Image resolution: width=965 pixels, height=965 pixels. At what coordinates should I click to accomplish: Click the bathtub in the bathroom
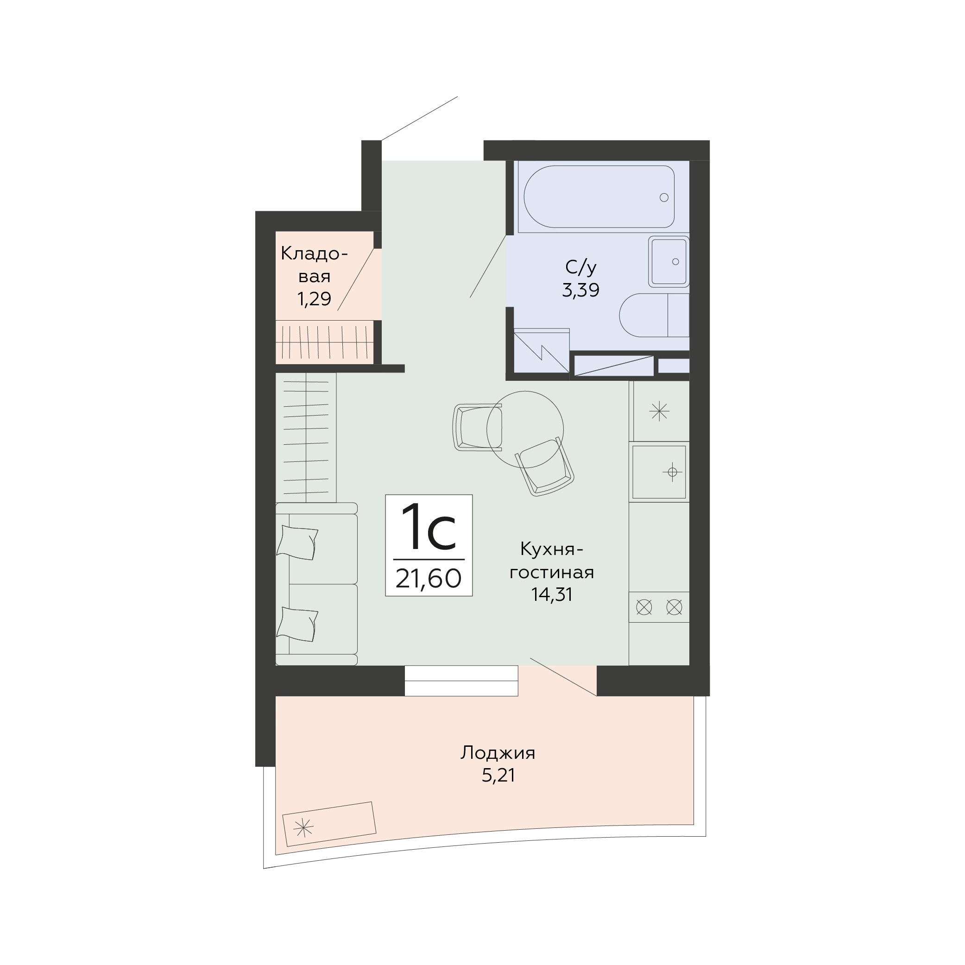[599, 197]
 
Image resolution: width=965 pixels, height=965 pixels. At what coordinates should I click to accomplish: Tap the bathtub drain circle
[664, 197]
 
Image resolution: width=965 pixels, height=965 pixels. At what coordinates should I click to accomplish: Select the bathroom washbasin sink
[669, 262]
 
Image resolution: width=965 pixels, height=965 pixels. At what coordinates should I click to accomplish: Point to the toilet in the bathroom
[654, 315]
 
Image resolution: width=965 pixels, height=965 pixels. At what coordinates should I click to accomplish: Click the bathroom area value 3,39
[580, 290]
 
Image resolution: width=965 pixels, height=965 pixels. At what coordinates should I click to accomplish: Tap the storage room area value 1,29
[314, 299]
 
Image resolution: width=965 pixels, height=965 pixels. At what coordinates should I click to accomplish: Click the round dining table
[525, 429]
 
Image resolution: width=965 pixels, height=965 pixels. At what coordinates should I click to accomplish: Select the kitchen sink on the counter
[659, 472]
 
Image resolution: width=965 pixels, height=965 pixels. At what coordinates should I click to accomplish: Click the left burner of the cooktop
[644, 607]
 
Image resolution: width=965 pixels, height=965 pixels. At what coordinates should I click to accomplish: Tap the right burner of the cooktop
[675, 607]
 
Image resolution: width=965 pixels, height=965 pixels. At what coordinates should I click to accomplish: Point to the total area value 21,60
[429, 580]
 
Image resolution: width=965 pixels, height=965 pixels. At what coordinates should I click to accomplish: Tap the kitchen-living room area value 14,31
[551, 594]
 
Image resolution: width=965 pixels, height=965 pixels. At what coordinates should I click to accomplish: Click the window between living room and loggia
[461, 681]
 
